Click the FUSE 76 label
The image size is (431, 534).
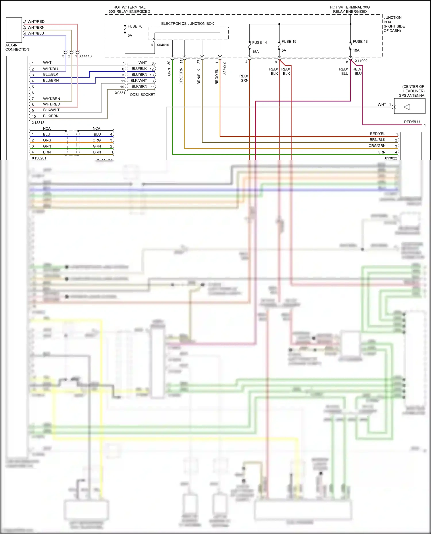tap(135, 26)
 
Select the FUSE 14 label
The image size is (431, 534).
tap(259, 42)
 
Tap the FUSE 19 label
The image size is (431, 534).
tap(289, 42)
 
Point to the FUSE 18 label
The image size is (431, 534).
tap(360, 42)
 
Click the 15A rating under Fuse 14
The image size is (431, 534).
tap(255, 52)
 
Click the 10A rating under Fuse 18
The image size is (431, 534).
tap(356, 51)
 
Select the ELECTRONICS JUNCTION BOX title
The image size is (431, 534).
tap(187, 24)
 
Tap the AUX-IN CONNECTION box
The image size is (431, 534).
tap(14, 30)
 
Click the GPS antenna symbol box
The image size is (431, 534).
tap(409, 106)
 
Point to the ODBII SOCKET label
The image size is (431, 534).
tap(142, 95)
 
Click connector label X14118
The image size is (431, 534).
tap(85, 56)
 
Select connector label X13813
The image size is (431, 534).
tap(38, 123)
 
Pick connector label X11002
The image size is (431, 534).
tap(361, 61)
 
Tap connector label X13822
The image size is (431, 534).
tap(390, 158)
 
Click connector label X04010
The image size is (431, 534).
tap(163, 45)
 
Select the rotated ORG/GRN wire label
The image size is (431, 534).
tap(181, 76)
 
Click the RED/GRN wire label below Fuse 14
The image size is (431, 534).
tap(244, 78)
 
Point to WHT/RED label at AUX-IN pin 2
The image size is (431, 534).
tap(36, 22)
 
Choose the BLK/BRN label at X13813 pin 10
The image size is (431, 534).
tap(51, 116)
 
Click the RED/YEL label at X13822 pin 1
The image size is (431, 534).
tap(377, 134)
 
